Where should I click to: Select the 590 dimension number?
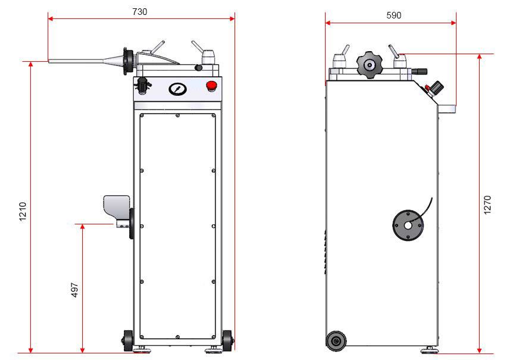click(x=393, y=15)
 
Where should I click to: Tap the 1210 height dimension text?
click(x=23, y=212)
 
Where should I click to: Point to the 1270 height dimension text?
click(x=487, y=205)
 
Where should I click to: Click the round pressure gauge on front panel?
click(x=177, y=89)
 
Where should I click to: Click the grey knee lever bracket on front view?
click(x=117, y=208)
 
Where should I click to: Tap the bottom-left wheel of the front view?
click(x=128, y=340)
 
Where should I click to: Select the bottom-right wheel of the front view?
click(x=227, y=341)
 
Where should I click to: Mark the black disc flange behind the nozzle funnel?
click(x=127, y=62)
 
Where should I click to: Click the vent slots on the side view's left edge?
click(x=326, y=250)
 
